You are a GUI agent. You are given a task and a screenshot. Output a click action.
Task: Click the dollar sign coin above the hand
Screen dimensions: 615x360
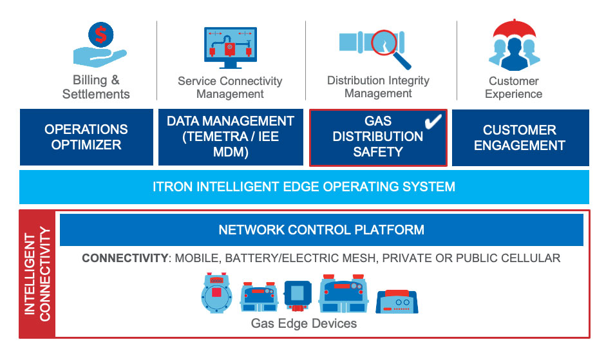pyautogui.click(x=101, y=35)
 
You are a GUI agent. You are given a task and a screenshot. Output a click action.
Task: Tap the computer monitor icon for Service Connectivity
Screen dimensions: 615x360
pyautogui.click(x=231, y=48)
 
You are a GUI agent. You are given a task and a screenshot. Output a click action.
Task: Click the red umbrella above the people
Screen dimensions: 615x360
pyautogui.click(x=514, y=30)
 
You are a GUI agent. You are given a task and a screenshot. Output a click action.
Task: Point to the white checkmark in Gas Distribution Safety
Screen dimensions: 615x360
pyautogui.click(x=433, y=121)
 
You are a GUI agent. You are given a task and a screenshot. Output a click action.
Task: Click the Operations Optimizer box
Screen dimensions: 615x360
pyautogui.click(x=87, y=137)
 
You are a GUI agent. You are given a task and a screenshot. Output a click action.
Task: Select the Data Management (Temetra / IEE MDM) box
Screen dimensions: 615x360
pyautogui.click(x=231, y=137)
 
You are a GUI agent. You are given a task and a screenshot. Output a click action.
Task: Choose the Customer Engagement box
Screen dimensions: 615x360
pyautogui.click(x=520, y=138)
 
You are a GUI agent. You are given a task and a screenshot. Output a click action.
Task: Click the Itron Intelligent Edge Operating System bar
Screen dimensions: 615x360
pyautogui.click(x=304, y=187)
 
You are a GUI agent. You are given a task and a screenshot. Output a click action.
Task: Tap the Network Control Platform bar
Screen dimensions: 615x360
pyautogui.click(x=321, y=230)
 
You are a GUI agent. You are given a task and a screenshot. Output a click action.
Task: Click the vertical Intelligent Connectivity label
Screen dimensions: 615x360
pyautogui.click(x=37, y=274)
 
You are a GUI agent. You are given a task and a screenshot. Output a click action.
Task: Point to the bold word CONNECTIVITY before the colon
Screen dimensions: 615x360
pyautogui.click(x=125, y=258)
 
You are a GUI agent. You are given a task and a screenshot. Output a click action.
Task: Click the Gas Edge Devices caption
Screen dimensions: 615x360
pyautogui.click(x=304, y=323)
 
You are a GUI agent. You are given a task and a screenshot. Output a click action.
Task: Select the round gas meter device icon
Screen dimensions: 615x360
pyautogui.click(x=217, y=293)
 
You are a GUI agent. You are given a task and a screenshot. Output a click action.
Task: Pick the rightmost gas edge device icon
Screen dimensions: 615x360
pyautogui.click(x=397, y=301)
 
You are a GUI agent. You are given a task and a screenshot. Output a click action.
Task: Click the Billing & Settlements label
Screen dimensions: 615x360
pyautogui.click(x=96, y=87)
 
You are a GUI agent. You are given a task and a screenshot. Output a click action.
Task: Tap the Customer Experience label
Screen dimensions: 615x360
pyautogui.click(x=513, y=88)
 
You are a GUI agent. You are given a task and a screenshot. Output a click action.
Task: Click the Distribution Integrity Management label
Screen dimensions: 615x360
pyautogui.click(x=378, y=87)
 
